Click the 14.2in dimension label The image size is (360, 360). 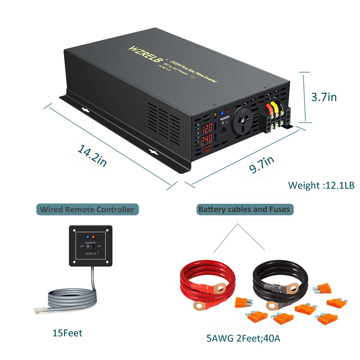click(92, 155)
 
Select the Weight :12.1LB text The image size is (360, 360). click(321, 185)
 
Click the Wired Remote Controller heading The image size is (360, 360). click(87, 209)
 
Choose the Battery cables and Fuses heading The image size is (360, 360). click(244, 209)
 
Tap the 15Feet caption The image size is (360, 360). click(67, 333)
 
